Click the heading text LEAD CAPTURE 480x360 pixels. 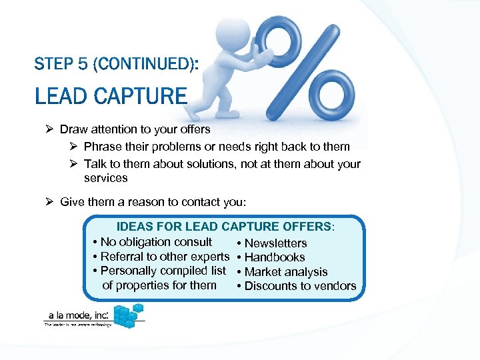click(111, 96)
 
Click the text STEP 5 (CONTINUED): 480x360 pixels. click(115, 64)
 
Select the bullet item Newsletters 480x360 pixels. click(275, 243)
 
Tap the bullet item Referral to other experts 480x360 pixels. click(164, 257)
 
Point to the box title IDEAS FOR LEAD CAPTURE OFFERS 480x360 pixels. click(225, 227)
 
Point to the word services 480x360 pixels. click(105, 178)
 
